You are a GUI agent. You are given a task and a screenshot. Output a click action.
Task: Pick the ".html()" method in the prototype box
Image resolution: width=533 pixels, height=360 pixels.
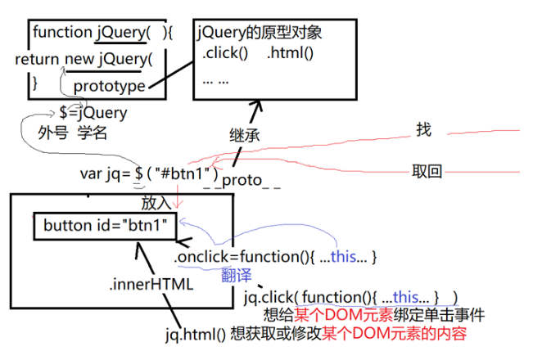pyautogui.click(x=291, y=55)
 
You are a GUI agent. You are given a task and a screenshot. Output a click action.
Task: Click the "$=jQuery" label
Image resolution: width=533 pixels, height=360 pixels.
pyautogui.click(x=93, y=112)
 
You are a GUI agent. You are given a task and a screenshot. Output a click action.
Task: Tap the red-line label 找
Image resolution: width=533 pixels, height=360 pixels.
pyautogui.click(x=422, y=129)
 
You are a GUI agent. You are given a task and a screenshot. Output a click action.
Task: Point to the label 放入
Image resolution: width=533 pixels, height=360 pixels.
pyautogui.click(x=157, y=201)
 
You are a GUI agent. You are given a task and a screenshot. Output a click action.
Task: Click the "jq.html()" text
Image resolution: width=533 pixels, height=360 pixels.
pyautogui.click(x=195, y=334)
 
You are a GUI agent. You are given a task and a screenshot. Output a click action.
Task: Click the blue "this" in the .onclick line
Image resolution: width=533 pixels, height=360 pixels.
pyautogui.click(x=344, y=257)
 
